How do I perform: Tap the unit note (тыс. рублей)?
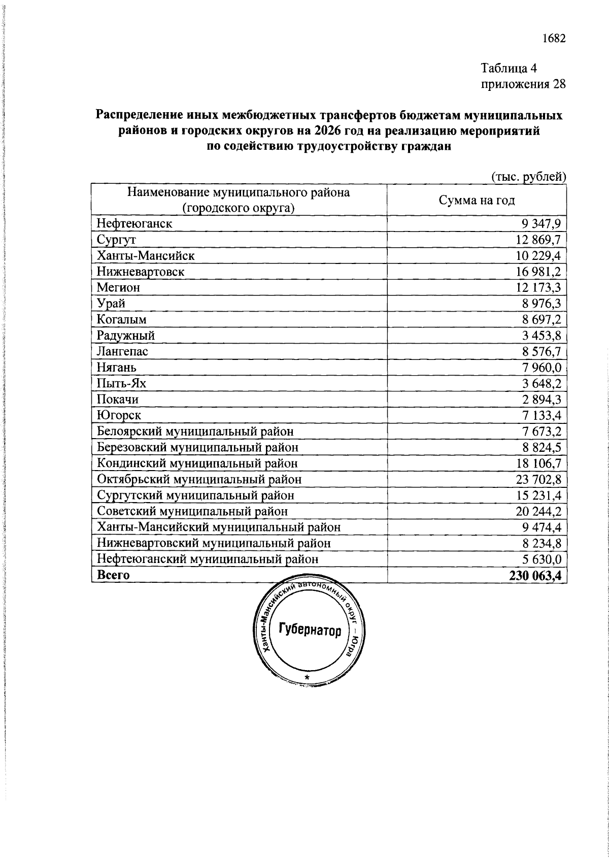click(528, 176)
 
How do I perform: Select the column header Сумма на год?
click(477, 200)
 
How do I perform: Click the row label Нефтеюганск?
click(134, 223)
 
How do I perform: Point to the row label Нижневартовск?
click(141, 272)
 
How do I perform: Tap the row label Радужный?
click(126, 336)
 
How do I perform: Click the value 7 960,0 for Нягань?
click(542, 367)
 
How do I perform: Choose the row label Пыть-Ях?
click(121, 383)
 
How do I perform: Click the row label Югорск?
click(119, 415)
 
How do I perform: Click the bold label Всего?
click(113, 575)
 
